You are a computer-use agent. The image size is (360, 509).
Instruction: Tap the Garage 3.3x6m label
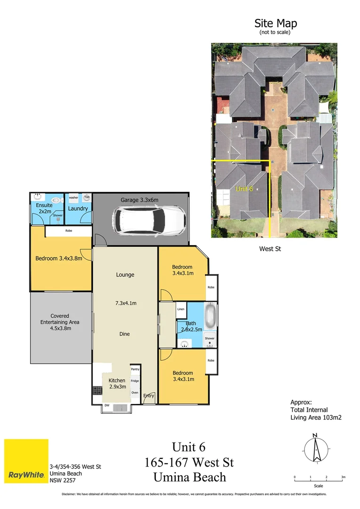(x=139, y=200)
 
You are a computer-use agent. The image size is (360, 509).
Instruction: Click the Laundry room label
(x=78, y=208)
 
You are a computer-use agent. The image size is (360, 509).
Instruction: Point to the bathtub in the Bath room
(x=210, y=314)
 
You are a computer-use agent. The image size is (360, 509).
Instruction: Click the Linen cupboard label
(x=181, y=309)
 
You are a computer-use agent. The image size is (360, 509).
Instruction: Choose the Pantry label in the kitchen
(x=135, y=369)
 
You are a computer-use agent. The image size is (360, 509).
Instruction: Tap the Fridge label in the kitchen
(x=135, y=381)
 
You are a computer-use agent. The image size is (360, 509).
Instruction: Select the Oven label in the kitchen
(x=135, y=392)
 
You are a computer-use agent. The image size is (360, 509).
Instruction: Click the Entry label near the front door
(x=148, y=396)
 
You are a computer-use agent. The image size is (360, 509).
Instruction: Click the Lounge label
(x=125, y=275)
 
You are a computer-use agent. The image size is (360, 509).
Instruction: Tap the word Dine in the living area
(x=124, y=334)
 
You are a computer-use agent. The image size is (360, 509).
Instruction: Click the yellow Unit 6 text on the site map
(x=245, y=189)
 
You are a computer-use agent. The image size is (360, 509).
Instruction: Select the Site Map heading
(x=276, y=23)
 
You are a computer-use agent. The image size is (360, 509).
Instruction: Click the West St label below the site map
(x=270, y=248)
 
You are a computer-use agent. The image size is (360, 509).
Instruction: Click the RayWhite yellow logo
(x=26, y=461)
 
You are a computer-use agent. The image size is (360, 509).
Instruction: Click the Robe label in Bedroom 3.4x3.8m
(x=69, y=231)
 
